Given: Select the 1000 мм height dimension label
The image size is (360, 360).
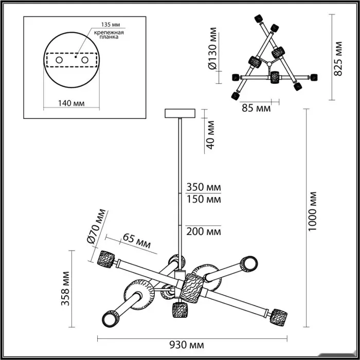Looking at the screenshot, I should point(313,211).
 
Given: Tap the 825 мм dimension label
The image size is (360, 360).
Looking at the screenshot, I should point(338,59).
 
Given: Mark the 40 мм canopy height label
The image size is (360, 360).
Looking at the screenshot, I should point(209,134).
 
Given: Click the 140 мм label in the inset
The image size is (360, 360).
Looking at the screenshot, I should point(71,103).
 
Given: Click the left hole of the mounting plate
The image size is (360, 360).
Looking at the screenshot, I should point(59,61).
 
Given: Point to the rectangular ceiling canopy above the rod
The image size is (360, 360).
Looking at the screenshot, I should point(179,113).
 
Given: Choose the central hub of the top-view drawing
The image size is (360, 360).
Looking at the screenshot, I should point(267,64).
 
